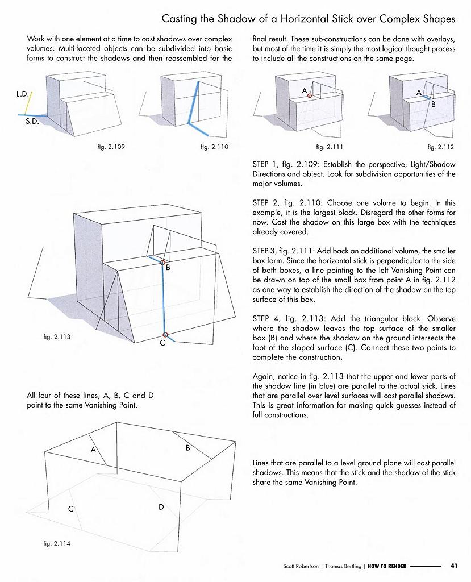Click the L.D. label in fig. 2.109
pos(23,94)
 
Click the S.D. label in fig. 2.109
pos(32,122)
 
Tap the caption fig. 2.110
pos(214,147)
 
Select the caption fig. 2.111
pos(330,147)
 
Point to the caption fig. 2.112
pos(440,147)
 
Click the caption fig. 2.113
pos(57,337)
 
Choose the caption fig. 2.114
pos(57,543)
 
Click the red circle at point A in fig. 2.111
pos(310,95)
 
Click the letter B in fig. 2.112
pos(433,105)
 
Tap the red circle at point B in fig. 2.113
pos(163,263)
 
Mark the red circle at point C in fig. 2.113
pos(165,335)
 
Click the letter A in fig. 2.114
pos(93,450)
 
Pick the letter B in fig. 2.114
pos(187,448)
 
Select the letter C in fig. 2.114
pos(71,509)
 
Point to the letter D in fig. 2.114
pos(161,506)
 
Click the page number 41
pos(454,566)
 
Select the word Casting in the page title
pos(180,19)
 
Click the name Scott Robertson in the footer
pos(301,566)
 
